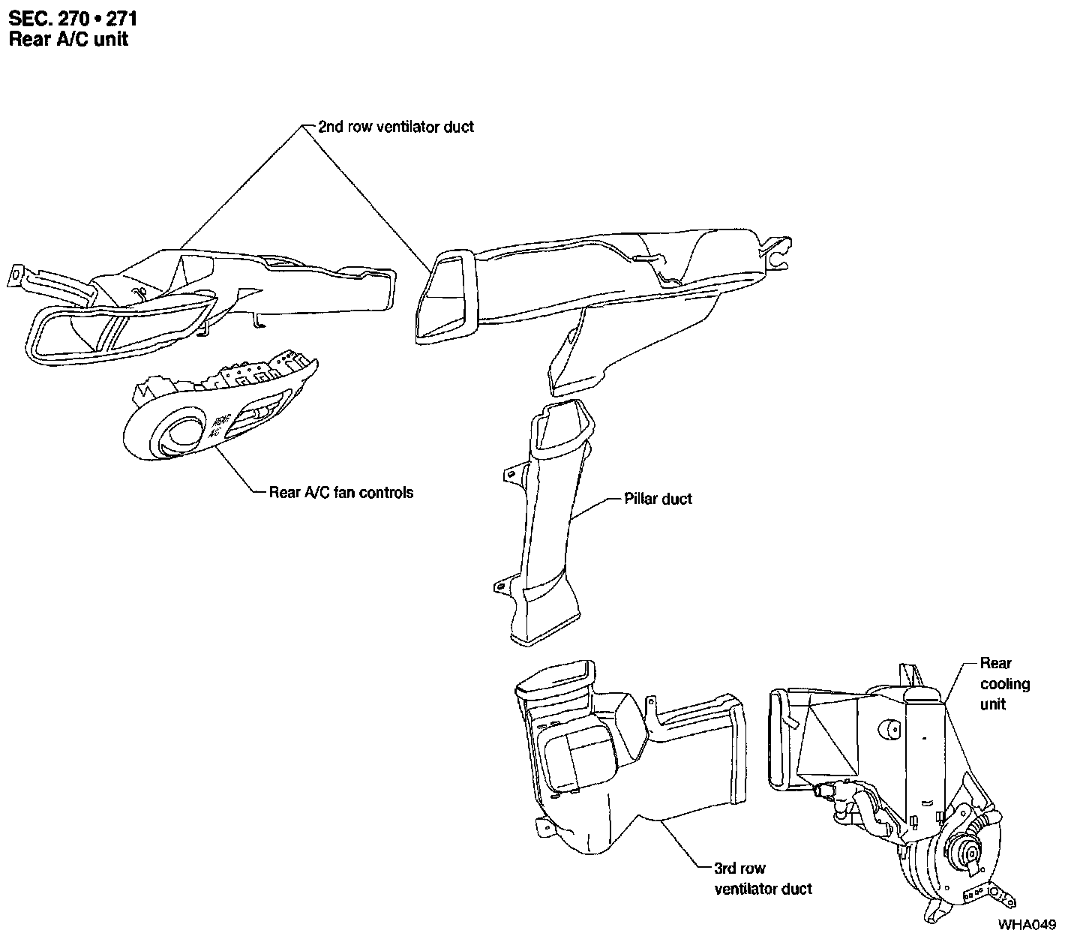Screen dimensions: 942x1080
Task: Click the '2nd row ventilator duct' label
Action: coord(395,127)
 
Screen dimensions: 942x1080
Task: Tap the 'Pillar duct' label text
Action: coord(658,499)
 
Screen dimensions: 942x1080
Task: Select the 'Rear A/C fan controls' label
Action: coord(340,493)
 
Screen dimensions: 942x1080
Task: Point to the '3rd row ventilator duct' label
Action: coord(763,878)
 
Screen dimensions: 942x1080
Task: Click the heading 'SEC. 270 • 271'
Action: coord(73,18)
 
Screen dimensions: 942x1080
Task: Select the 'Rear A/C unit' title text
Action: coord(68,39)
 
